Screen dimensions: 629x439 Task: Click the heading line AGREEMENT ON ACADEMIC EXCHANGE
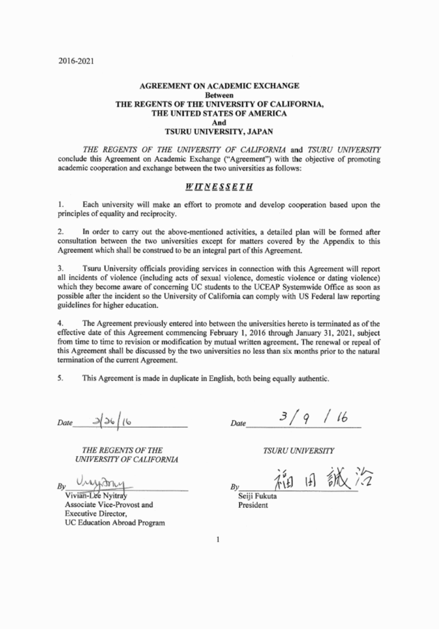click(219, 85)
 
